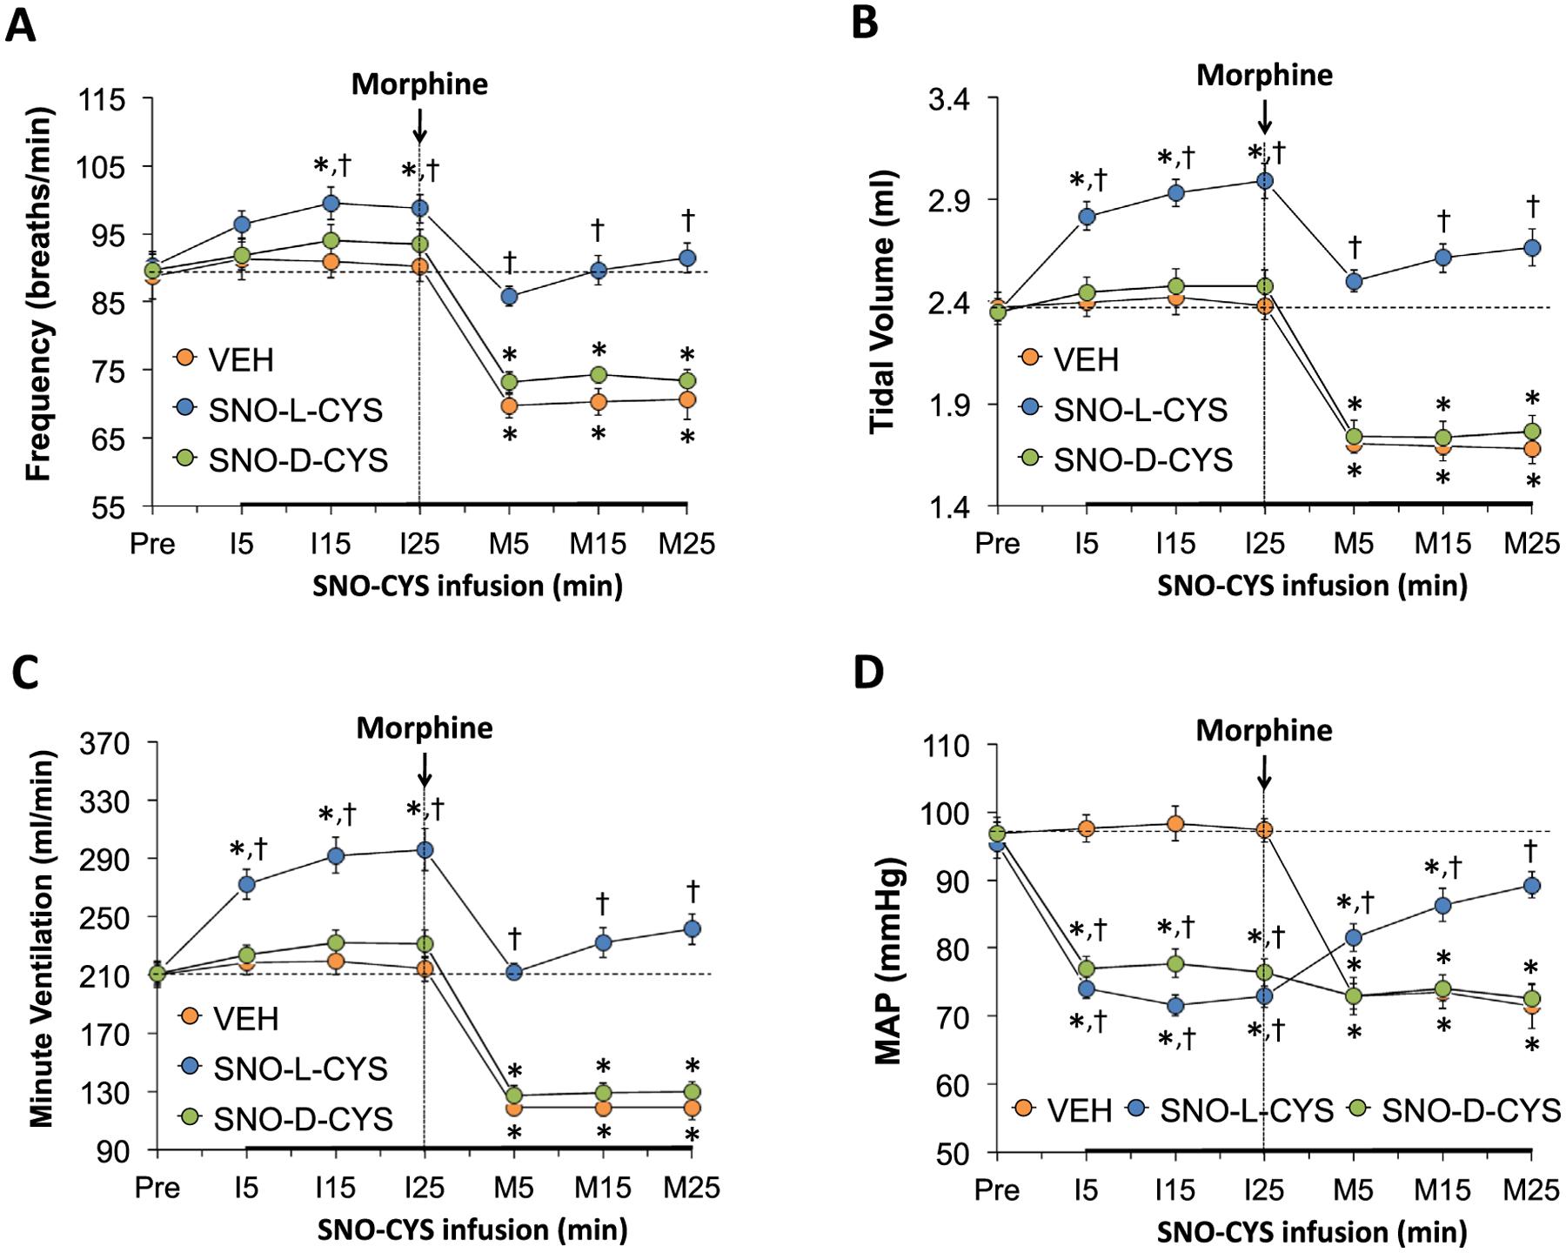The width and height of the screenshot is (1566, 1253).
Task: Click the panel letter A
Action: click(21, 24)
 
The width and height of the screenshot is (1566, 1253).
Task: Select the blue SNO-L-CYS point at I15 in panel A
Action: click(331, 203)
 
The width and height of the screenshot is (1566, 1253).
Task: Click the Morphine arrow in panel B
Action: click(1264, 115)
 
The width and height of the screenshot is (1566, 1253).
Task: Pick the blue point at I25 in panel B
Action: click(1264, 181)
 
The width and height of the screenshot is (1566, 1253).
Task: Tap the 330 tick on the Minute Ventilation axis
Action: click(107, 801)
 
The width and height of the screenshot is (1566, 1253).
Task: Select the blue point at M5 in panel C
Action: click(514, 972)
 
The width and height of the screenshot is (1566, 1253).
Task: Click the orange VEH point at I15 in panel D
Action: click(1175, 824)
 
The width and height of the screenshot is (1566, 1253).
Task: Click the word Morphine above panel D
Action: click(1263, 730)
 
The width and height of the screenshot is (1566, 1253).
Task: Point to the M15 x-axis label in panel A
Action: click(598, 545)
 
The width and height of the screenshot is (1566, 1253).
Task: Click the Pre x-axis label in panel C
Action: click(157, 1188)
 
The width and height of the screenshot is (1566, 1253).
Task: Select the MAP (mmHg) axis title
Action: click(888, 948)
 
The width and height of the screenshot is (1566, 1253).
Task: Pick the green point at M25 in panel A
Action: click(686, 380)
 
